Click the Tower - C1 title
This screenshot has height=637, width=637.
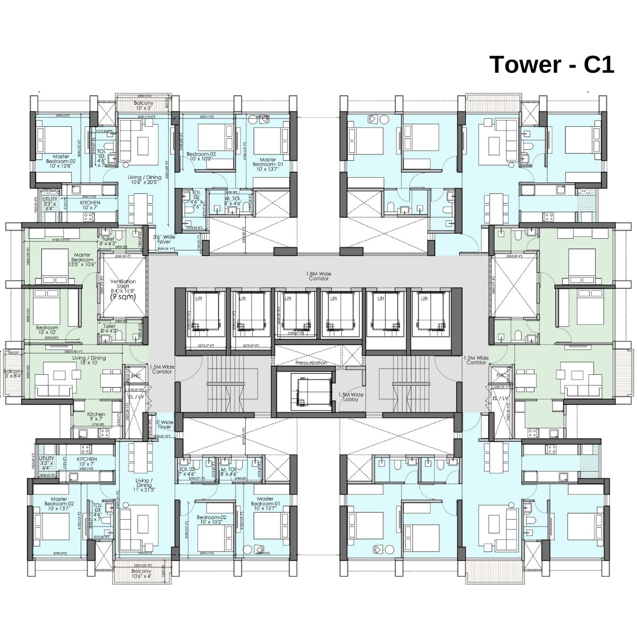pos(552,65)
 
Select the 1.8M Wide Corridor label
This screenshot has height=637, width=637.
pos(318,276)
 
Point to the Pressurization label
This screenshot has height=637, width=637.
pos(311,363)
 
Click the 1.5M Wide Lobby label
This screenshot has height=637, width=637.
pos(351,397)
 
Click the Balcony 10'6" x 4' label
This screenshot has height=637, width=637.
pos(142,574)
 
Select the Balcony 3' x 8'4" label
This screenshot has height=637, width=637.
pos(12,374)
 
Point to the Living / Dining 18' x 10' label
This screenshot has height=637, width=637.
pos(89,360)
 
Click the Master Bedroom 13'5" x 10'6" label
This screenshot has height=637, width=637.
pos(82,260)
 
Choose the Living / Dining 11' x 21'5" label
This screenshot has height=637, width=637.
pos(143,486)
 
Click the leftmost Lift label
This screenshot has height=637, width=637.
pos(198,298)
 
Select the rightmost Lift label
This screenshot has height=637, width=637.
pos(424,298)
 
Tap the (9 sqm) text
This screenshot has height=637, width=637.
pos(123,298)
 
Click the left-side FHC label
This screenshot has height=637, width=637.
pos(136,376)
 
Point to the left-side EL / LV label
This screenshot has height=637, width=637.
pos(136,397)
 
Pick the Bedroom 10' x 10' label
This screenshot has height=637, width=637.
pos(47,330)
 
